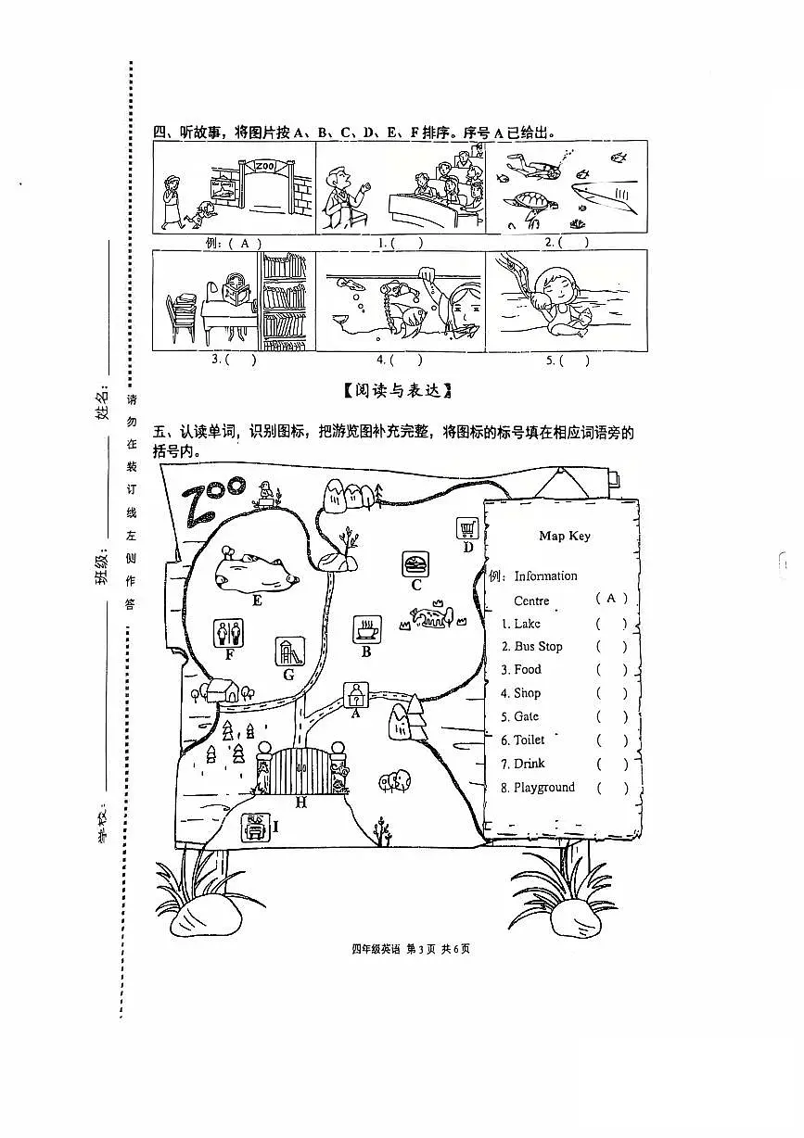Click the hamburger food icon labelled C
point(415,564)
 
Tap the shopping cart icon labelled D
point(467,528)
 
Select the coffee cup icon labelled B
point(366,629)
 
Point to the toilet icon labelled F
point(228,633)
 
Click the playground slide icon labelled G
point(290,651)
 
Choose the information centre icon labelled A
point(356,694)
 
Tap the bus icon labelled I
point(255,827)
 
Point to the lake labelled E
point(257,574)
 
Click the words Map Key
point(565,536)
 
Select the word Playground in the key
point(544,788)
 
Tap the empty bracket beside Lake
point(612,624)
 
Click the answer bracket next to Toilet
point(612,740)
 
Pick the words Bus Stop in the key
point(539,646)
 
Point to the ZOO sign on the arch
point(264,166)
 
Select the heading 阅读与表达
point(397,391)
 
